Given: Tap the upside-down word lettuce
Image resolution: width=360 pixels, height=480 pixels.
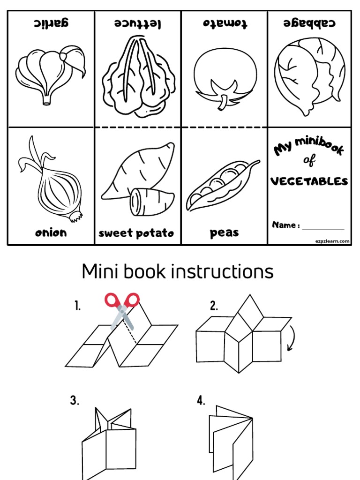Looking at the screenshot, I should point(138,23).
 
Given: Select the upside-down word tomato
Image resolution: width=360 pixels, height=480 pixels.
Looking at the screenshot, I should point(225,23).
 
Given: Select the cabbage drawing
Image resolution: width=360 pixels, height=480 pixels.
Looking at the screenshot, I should point(309,75).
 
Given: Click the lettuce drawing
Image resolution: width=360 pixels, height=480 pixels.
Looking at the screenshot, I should point(138,77).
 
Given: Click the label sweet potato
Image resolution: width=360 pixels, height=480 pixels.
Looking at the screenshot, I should point(136,233).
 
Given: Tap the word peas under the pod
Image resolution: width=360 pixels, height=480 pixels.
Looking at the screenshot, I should point(224,233).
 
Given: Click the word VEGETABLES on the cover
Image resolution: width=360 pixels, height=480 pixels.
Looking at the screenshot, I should point(310,181).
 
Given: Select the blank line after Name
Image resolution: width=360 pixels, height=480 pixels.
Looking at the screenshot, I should point(323,228).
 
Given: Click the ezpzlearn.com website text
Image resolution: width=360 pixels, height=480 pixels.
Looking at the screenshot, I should point(332,241).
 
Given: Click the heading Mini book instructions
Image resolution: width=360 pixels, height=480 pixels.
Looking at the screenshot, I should point(177,271).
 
